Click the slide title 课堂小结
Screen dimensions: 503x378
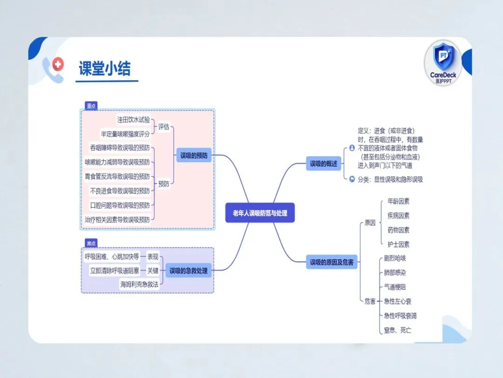coord(105,68)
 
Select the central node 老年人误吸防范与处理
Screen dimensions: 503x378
coord(260,213)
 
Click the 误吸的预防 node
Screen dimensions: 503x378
coord(194,155)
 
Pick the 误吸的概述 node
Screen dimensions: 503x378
coord(323,164)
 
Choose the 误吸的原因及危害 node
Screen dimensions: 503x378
coord(332,262)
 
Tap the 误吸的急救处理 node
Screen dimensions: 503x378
coord(188,271)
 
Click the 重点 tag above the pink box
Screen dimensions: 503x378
coord(91,105)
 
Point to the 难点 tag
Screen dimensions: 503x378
coord(91,243)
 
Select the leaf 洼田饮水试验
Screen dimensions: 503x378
coord(134,119)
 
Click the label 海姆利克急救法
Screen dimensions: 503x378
coord(139,284)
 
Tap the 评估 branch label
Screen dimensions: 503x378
coord(163,126)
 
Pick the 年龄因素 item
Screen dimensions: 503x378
coord(398,201)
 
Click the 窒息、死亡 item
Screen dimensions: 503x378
coord(397,330)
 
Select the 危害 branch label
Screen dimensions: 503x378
coord(370,301)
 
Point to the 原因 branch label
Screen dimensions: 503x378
coord(370,223)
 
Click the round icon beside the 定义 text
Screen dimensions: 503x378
coord(352,148)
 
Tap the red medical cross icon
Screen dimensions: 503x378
coord(58,64)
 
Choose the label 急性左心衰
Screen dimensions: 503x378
coord(397,301)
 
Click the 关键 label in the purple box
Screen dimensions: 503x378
coord(153,271)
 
